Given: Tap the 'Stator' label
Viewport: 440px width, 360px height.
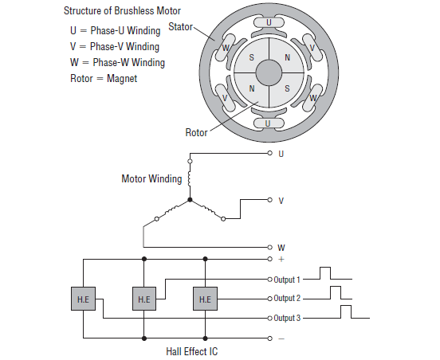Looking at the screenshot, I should point(182,27).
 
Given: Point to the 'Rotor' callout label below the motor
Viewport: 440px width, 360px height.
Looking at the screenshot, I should point(197,132).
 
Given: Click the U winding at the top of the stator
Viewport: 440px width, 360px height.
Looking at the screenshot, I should point(269,22).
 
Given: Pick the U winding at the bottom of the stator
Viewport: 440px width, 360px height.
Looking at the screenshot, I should point(269,123).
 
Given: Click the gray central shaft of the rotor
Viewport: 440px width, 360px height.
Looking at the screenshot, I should point(269,72).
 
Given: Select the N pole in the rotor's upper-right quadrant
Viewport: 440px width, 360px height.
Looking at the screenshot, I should point(287,58).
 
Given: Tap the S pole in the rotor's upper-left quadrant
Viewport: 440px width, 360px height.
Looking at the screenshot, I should point(252,58).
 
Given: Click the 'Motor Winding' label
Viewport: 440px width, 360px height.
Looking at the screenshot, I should point(151,178).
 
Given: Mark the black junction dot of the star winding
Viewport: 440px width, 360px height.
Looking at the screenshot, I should point(190,200).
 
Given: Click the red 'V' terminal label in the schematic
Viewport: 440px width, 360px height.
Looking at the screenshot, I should point(281,201).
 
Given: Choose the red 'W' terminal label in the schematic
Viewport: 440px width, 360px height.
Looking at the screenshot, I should point(281,248).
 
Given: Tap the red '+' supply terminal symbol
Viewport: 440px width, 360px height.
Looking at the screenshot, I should point(281,260).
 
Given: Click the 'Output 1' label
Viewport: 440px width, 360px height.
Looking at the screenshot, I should point(287,280).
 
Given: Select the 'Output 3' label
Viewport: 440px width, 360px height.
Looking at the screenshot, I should point(287,318).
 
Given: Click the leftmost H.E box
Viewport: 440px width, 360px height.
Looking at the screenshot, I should point(83,299).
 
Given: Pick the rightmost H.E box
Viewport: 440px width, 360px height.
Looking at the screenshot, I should point(205,299).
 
